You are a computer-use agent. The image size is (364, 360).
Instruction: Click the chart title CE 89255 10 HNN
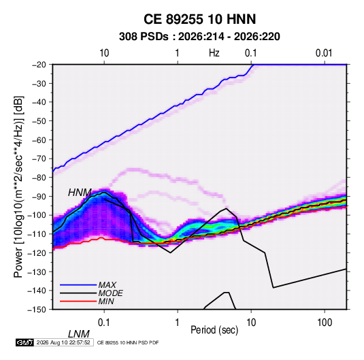point(199,19)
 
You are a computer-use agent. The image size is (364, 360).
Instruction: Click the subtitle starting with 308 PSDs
point(199,37)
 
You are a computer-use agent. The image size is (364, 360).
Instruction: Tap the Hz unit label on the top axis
point(214,53)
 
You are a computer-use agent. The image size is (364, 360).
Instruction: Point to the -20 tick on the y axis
point(39,65)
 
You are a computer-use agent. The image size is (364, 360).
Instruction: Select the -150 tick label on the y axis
point(37,310)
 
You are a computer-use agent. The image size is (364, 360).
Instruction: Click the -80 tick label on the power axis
point(39,178)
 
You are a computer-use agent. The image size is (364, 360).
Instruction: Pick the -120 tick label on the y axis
point(37,253)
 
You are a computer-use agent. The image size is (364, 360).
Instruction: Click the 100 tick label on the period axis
point(325,323)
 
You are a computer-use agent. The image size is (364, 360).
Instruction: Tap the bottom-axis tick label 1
point(178,323)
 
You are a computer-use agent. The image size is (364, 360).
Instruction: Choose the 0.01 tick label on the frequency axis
point(324,53)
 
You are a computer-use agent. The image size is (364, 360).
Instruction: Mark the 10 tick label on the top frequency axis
point(104,53)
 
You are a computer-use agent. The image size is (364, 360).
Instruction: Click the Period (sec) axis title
point(214,330)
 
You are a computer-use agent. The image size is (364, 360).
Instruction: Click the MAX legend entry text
point(107,285)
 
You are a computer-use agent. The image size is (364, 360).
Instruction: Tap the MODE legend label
point(110,293)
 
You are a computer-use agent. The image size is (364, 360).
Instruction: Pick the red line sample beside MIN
point(78,301)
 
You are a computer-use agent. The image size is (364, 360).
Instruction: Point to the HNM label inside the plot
point(80,193)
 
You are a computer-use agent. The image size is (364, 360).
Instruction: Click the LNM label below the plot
point(79,334)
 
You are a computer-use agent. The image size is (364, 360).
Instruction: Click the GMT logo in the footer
point(24,342)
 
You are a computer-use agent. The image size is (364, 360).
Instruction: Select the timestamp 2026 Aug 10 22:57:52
point(63,342)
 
